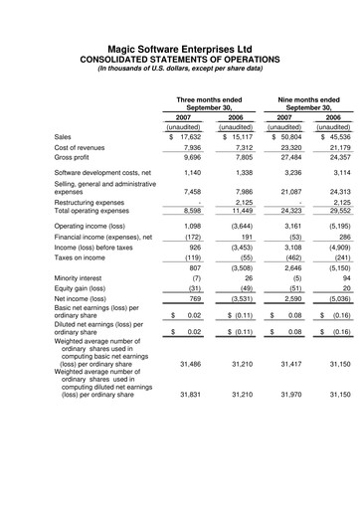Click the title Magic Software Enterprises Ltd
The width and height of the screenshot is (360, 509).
tap(179, 46)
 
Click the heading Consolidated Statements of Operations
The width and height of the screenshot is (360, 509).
tap(179, 58)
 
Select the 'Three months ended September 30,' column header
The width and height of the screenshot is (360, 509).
tap(208, 104)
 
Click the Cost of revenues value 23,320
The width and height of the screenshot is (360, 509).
tap(288, 147)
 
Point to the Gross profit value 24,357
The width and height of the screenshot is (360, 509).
tap(336, 157)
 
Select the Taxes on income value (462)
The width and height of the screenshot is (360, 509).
tap(287, 257)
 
